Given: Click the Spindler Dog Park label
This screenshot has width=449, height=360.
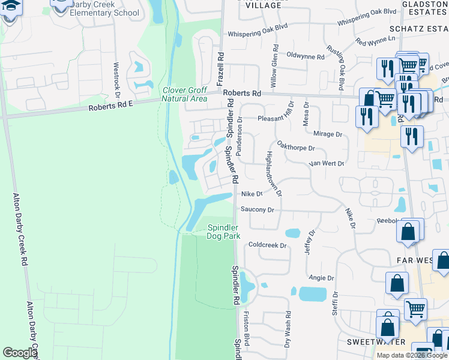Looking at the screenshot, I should point(223,232).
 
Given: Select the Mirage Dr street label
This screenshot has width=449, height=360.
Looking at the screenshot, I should point(327,134).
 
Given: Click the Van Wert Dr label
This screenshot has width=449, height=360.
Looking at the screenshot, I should point(326,163).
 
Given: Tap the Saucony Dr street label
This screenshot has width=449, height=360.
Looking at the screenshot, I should point(257,210).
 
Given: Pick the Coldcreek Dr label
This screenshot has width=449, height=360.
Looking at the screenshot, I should point(268,245).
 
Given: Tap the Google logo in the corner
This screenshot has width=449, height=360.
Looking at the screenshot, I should point(20,353).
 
